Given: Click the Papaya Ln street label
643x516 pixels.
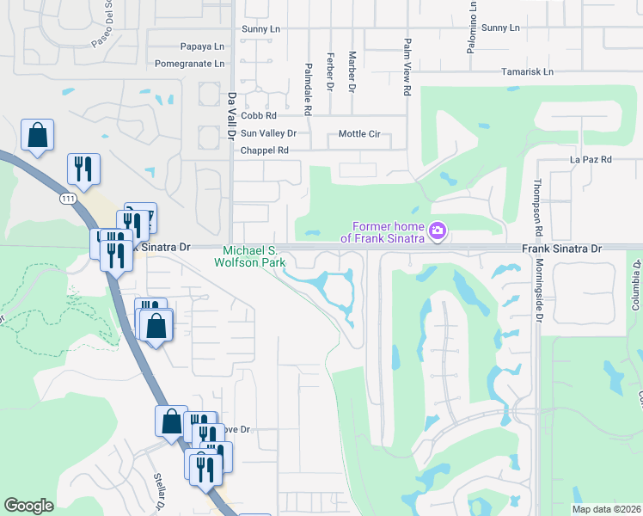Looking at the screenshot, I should point(201,46).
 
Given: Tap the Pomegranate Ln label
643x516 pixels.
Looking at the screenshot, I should point(189,64).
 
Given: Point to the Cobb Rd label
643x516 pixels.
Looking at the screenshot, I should point(258,115).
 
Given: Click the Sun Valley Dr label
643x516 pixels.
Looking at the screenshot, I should point(268,133).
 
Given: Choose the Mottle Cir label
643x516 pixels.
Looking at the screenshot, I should point(359,134).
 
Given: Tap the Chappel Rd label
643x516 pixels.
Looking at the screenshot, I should point(264,150).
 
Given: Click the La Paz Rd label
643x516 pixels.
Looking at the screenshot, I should point(591,160).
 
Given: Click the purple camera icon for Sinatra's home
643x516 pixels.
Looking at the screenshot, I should point(438,230).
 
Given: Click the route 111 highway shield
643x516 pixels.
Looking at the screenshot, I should point(67,199).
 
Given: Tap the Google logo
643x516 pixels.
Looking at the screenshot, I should point(28,506).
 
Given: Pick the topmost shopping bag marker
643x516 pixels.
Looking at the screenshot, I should point(37,135).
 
